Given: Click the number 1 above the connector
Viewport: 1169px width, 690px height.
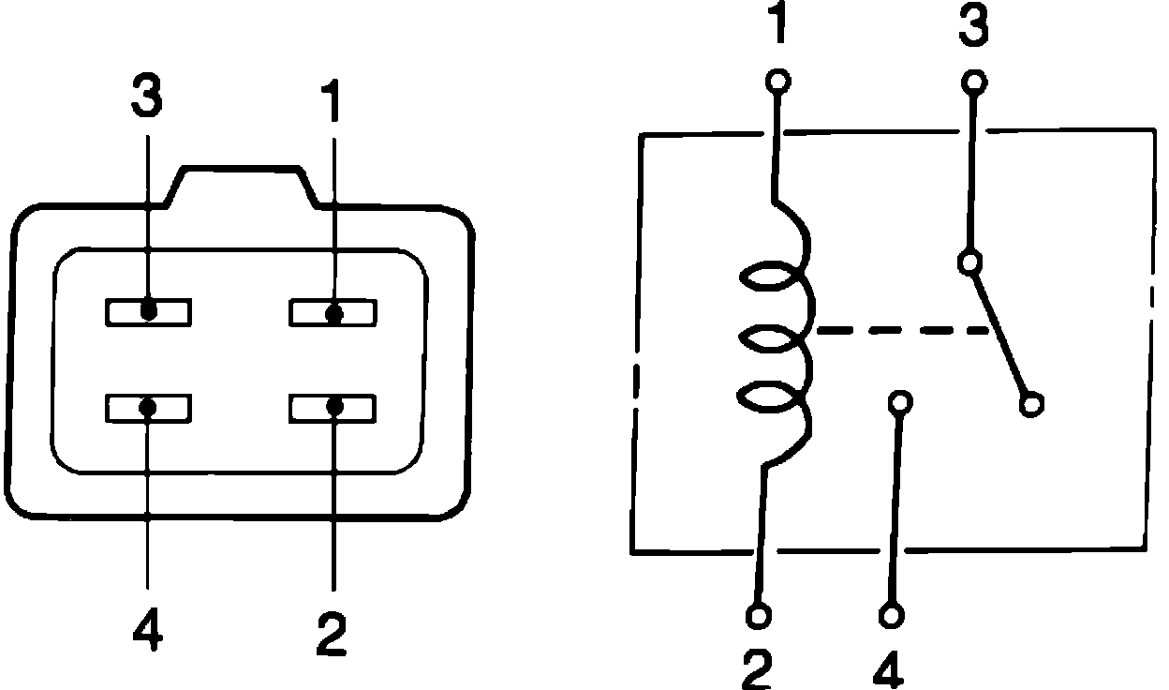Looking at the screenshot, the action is coord(331,100).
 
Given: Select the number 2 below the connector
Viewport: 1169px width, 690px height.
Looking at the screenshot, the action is coord(331,635).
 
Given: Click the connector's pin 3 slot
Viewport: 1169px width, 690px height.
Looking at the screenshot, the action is coord(148,312).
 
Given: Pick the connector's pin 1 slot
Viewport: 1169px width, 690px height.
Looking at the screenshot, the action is coord(333,312).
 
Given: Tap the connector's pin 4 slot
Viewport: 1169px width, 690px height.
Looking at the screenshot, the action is coord(148,408).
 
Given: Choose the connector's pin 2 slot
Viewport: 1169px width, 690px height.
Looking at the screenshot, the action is coord(333,408).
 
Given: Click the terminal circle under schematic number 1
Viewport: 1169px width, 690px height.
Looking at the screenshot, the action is coord(776,82).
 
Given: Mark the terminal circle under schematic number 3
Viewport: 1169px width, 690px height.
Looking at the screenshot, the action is coord(974,82).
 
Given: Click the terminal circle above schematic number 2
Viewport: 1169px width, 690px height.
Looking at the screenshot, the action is coord(759,616).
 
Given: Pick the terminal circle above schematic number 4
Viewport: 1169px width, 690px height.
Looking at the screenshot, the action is coord(891,616).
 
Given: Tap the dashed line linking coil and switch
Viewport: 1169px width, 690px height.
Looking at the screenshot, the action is coord(899,330).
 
